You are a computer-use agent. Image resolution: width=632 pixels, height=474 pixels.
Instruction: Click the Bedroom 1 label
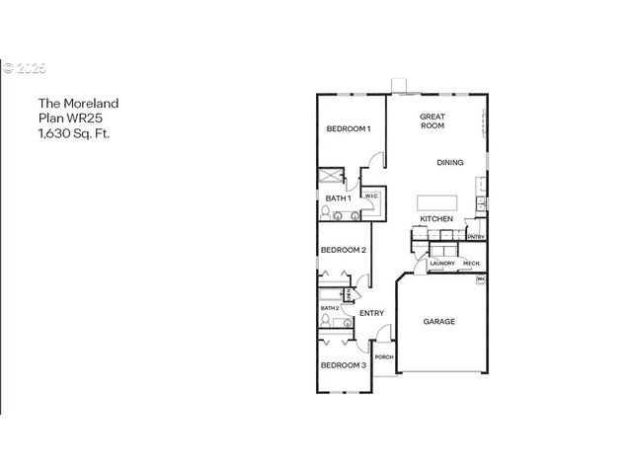click(x=349, y=129)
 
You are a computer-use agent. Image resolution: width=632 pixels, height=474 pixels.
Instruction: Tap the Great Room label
click(x=433, y=121)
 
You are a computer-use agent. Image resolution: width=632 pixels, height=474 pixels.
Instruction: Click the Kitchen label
click(x=436, y=218)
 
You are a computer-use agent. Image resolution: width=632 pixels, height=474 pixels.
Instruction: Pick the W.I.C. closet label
click(x=371, y=197)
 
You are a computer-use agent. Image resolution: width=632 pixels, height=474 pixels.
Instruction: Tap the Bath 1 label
click(x=338, y=198)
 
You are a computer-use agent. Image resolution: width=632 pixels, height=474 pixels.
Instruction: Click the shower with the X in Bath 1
click(x=329, y=177)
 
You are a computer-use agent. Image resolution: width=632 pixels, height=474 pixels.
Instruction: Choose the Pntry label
click(x=475, y=237)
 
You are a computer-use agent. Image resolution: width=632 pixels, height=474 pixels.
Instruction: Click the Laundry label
click(x=441, y=264)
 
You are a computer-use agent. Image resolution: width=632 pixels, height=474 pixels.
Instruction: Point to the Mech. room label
click(x=471, y=264)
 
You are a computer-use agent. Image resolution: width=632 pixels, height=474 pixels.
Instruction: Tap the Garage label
click(x=439, y=321)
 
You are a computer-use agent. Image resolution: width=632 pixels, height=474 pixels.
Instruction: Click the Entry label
click(x=371, y=313)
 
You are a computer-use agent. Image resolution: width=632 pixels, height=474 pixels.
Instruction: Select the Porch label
click(x=383, y=356)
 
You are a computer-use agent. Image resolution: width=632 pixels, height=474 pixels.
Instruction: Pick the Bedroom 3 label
click(x=343, y=365)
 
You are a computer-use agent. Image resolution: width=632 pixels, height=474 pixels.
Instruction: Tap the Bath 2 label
click(x=330, y=308)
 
